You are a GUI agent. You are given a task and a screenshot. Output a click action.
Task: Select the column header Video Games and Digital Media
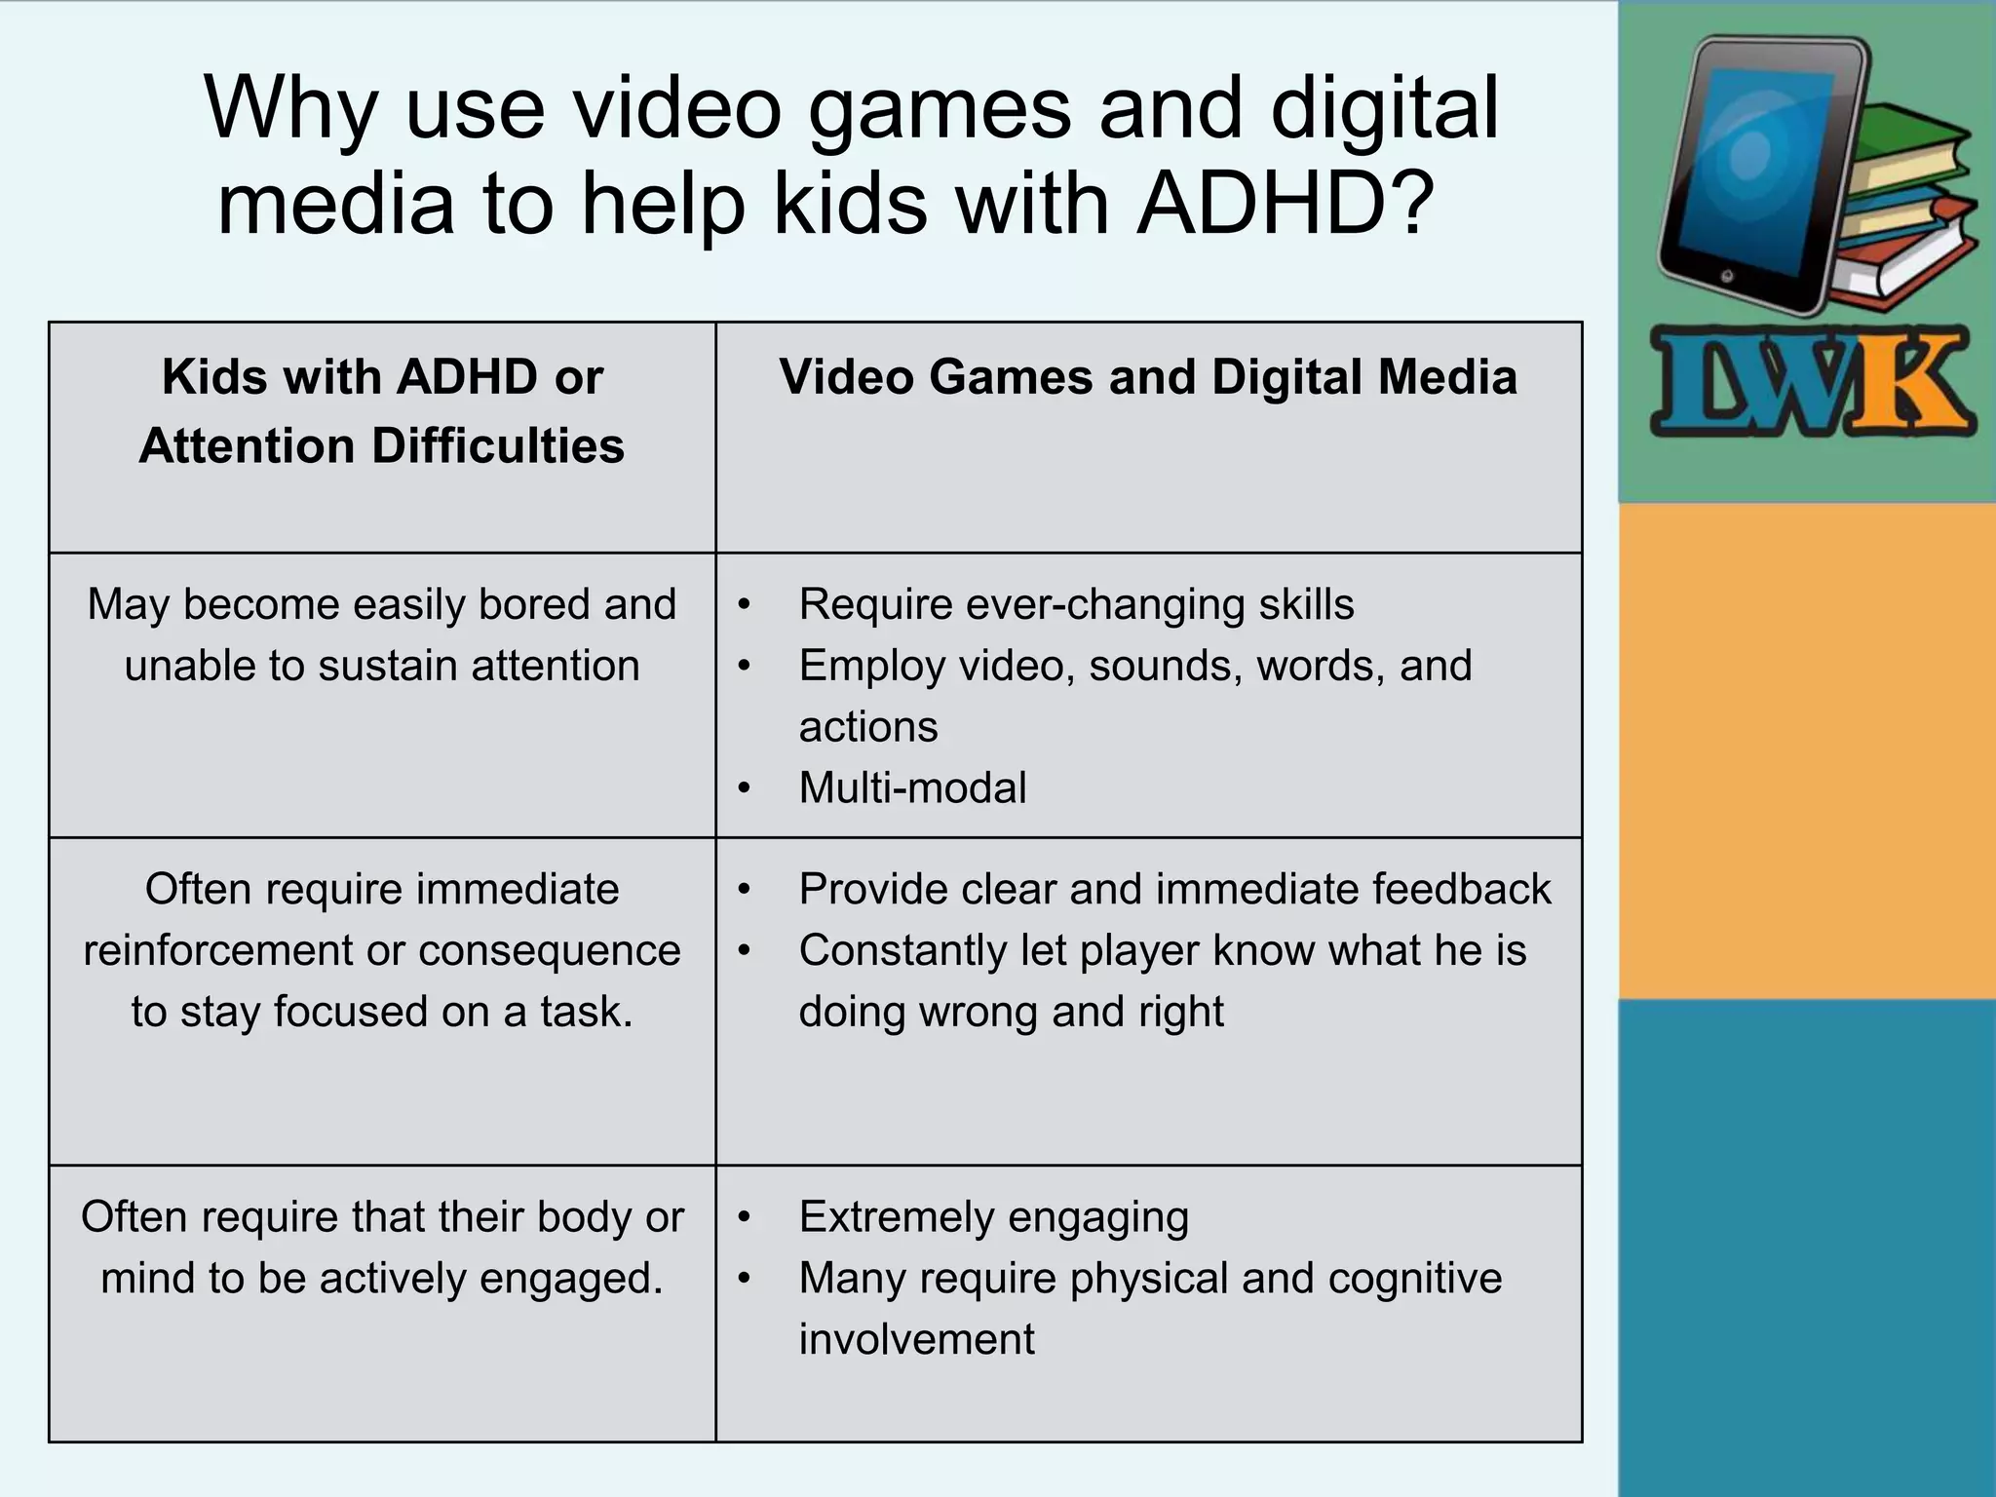pos(1147,377)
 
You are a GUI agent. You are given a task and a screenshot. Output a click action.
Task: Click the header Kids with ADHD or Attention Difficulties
pos(382,410)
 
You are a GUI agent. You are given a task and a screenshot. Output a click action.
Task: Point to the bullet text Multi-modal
pos(912,787)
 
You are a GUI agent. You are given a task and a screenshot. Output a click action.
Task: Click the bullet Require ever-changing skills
pos(1076,604)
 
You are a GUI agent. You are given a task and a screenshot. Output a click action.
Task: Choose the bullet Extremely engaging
pos(993,1217)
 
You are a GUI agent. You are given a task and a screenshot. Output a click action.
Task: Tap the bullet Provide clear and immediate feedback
pos(1174,889)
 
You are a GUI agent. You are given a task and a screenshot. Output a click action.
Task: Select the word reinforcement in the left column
pos(217,950)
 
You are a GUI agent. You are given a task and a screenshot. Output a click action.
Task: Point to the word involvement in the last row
pos(916,1339)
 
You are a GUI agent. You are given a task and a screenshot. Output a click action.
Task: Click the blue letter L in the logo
pos(1701,383)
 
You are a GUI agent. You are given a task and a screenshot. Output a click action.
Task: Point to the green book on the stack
pos(1910,136)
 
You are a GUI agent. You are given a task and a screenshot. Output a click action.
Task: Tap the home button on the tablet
pos(1727,277)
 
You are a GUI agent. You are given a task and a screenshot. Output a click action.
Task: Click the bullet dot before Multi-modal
pos(745,787)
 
